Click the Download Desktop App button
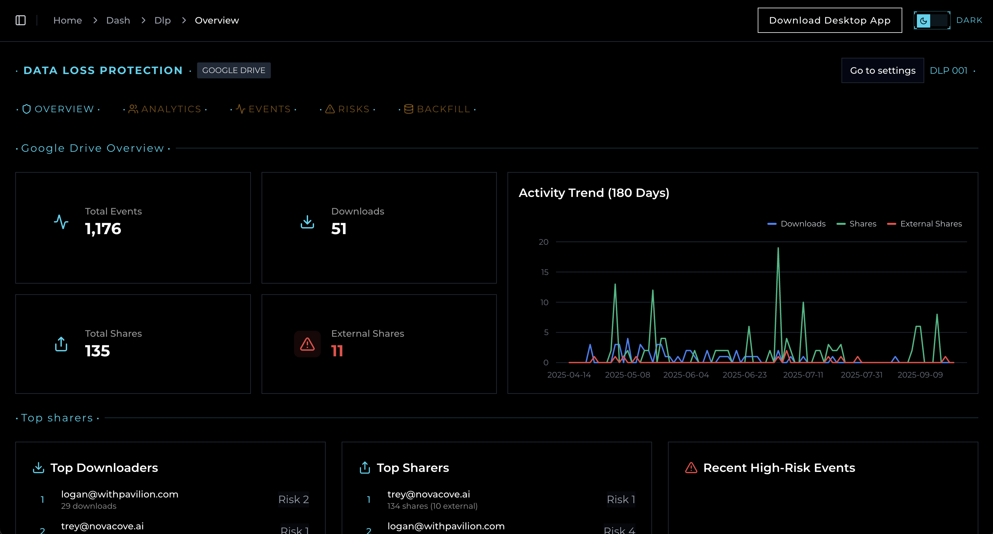click(829, 20)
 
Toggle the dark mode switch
click(932, 20)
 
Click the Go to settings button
click(882, 70)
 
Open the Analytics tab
click(165, 109)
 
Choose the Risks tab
click(348, 109)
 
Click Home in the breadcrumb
click(67, 20)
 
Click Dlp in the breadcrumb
click(162, 20)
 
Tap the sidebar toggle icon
click(20, 20)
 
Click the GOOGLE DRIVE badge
click(234, 70)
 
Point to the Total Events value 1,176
click(103, 229)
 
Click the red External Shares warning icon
click(307, 344)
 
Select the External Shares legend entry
click(925, 224)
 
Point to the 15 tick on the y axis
click(544, 272)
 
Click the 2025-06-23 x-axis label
click(744, 375)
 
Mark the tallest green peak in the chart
click(778, 248)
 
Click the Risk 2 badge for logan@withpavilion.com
click(293, 499)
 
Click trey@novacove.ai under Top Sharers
click(428, 494)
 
